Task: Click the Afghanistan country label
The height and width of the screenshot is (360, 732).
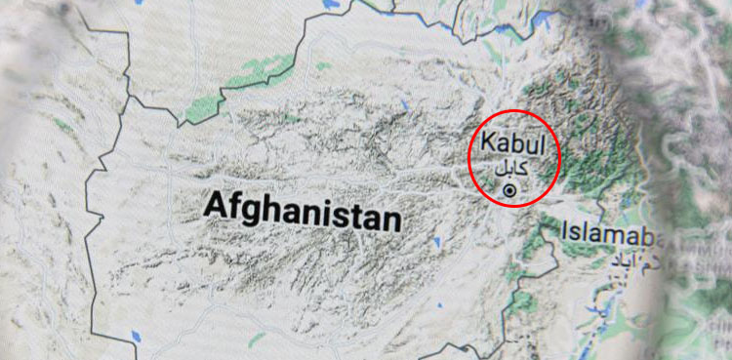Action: (x=303, y=211)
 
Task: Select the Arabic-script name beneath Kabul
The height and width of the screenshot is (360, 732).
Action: (x=509, y=167)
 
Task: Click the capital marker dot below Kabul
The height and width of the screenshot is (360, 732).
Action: (x=508, y=190)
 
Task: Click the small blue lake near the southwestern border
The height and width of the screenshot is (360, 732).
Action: (x=137, y=339)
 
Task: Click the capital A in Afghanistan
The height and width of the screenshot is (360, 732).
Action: (x=217, y=205)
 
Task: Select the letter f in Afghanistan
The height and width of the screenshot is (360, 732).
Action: (x=236, y=205)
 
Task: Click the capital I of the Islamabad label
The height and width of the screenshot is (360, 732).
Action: (x=565, y=232)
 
